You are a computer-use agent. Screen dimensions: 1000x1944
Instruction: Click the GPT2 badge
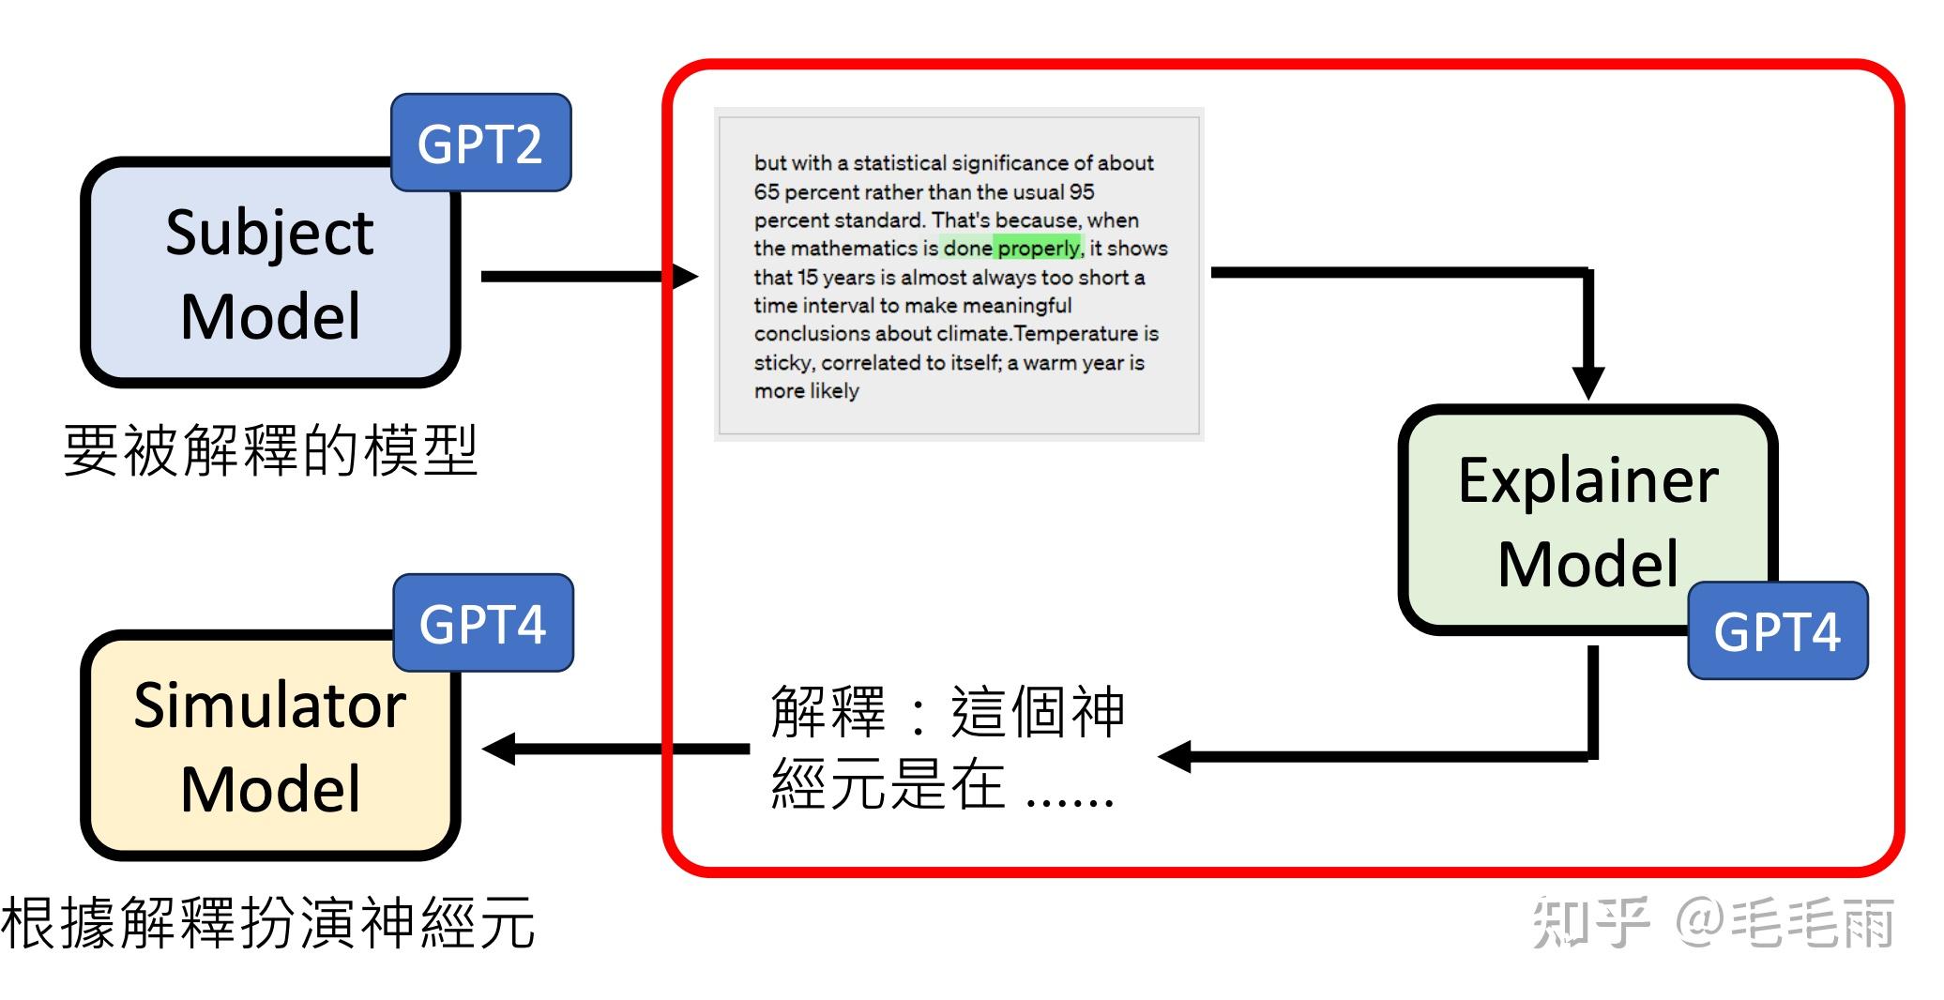coord(480,144)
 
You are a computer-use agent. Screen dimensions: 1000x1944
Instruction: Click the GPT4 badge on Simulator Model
coord(482,624)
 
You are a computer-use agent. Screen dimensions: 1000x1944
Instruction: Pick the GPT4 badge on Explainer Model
coord(1777,631)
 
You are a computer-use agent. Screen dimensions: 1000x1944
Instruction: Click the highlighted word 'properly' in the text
coord(1039,249)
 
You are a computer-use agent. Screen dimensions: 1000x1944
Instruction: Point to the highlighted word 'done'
coord(966,249)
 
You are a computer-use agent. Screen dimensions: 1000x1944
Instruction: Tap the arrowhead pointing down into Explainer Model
coord(1587,383)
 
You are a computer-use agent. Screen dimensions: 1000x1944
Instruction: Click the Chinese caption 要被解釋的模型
coord(270,450)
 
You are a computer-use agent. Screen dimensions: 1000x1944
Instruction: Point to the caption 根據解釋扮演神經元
coord(268,923)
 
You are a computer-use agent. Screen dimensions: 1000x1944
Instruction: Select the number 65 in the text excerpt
coord(767,192)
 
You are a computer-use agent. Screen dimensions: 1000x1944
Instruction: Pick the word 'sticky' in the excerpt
coord(782,363)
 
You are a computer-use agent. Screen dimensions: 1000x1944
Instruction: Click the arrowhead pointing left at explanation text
coord(1175,756)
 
